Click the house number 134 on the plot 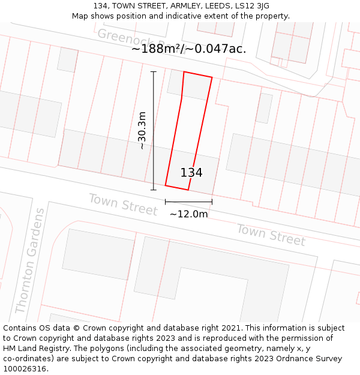(x=191, y=173)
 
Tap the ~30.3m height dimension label (x=142, y=130)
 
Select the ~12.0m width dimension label (x=188, y=214)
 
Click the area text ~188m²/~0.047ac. (x=188, y=49)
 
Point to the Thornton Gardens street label (x=29, y=261)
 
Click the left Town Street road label (x=122, y=205)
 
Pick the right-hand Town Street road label (x=271, y=235)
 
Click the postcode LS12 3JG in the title (x=253, y=6)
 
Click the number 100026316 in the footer (x=23, y=368)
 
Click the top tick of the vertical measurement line (x=154, y=72)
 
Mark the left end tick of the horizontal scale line (x=166, y=202)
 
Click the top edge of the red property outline (x=198, y=74)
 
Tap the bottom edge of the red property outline (x=177, y=187)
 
